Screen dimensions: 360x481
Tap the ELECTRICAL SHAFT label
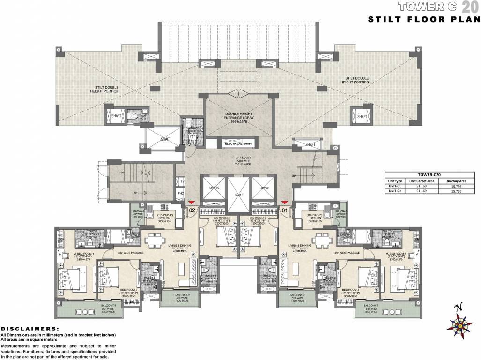click(239, 144)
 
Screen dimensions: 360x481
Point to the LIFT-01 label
click(266, 187)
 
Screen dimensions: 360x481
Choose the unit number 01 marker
click(284, 210)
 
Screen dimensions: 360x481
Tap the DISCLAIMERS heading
click(30, 329)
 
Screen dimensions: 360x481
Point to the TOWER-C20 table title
click(431, 175)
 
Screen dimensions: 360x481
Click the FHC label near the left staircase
click(180, 193)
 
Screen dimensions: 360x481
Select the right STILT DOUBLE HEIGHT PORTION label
click(357, 80)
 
